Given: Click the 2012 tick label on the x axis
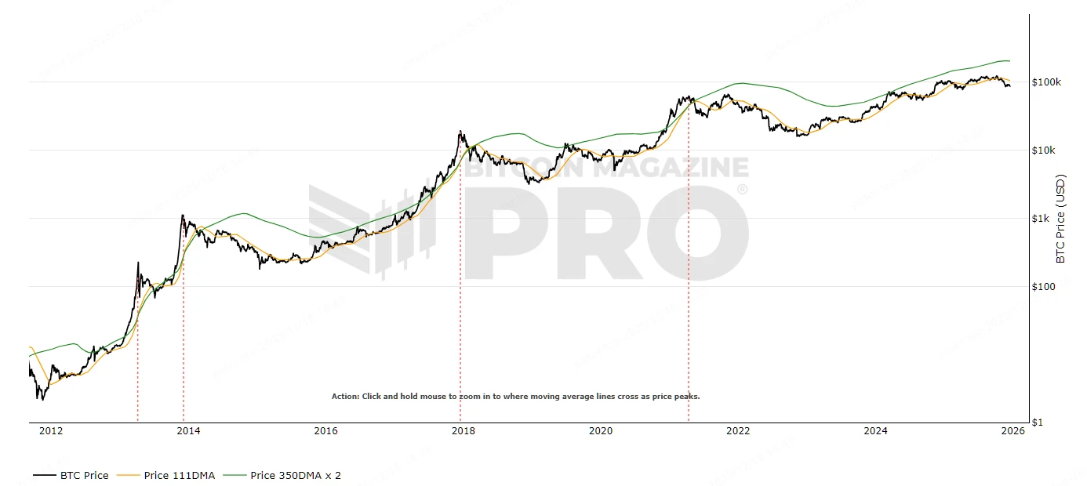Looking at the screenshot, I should [x=51, y=430].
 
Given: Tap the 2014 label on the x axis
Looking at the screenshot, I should [x=188, y=430].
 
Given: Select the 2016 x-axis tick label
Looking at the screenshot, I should [x=325, y=430].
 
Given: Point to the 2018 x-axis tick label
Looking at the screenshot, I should [x=463, y=430].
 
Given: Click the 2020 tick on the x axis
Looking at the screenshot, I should [x=601, y=430].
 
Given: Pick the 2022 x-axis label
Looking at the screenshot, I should [x=738, y=430].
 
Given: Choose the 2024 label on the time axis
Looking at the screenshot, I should [x=875, y=430].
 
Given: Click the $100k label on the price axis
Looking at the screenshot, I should [x=1046, y=82].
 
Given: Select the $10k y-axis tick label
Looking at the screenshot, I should [x=1044, y=151].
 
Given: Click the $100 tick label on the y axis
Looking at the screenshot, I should [x=1044, y=287].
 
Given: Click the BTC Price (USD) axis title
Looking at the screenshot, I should [x=1061, y=219].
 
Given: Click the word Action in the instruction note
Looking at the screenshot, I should [x=344, y=397].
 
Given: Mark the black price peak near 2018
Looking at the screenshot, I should [x=460, y=132].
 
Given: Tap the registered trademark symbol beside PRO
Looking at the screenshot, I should [x=742, y=190].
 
